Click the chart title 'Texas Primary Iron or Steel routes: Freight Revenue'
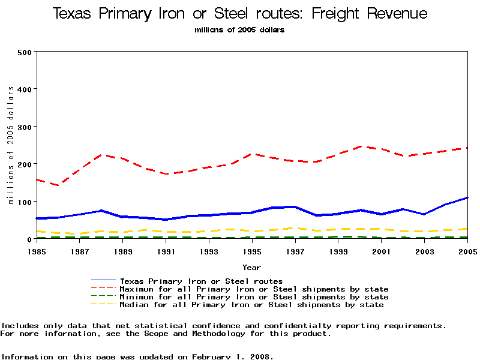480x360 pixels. tap(240, 14)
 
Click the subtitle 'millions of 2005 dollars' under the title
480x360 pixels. tap(240, 29)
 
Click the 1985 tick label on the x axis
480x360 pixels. tap(37, 251)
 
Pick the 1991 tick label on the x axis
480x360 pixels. tap(166, 251)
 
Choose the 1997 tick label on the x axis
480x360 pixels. tap(295, 251)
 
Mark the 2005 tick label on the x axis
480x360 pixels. tap(467, 251)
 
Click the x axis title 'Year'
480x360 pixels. tap(251, 267)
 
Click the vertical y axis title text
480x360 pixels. tap(11, 145)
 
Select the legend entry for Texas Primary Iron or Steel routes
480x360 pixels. tap(201, 281)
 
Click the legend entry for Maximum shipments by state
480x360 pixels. tap(254, 289)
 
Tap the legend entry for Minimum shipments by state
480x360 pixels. tap(254, 297)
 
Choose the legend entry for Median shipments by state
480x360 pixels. tap(251, 305)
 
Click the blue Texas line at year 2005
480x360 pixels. tap(467, 197)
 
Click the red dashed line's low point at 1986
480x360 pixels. tap(59, 185)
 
